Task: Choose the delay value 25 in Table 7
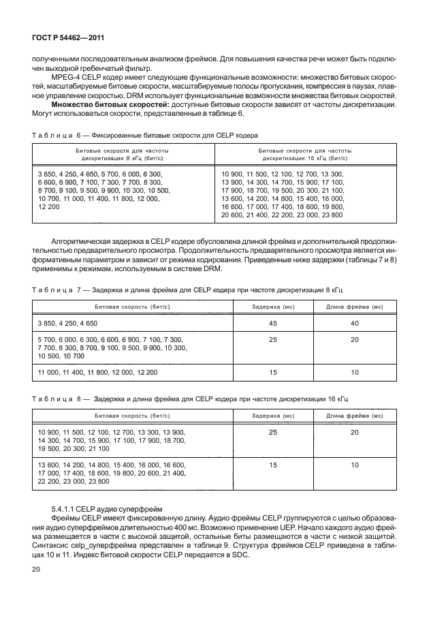tap(273, 339)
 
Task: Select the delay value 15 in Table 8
tap(273, 465)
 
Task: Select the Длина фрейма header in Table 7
tap(355, 307)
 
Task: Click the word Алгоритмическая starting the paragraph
tap(84, 242)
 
